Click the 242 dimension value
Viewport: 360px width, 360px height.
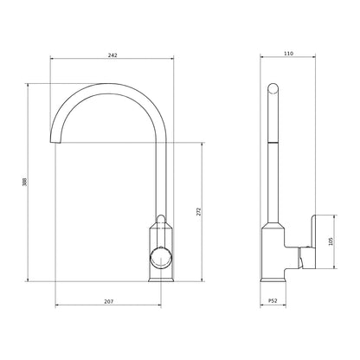113,55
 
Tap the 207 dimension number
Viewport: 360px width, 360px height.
109,300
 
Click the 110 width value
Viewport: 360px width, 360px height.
288,55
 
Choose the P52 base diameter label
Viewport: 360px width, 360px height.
273,300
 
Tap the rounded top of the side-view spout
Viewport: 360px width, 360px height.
272,87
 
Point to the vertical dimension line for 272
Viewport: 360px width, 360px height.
203,173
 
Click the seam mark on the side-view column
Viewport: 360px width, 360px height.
273,141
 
